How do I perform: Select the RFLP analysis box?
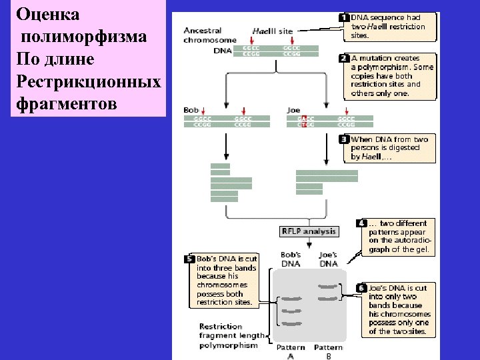309,231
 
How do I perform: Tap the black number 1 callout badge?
344,17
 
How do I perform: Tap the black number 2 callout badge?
344,58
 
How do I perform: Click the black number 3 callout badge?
344,139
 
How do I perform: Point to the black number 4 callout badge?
361,223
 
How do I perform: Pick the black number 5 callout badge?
189,259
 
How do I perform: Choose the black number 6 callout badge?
361,288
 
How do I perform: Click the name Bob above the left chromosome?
191,110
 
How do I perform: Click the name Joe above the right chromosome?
293,110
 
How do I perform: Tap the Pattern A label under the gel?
291,351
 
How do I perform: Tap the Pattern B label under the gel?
328,351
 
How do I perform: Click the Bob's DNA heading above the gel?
291,259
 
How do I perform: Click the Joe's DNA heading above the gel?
328,259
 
